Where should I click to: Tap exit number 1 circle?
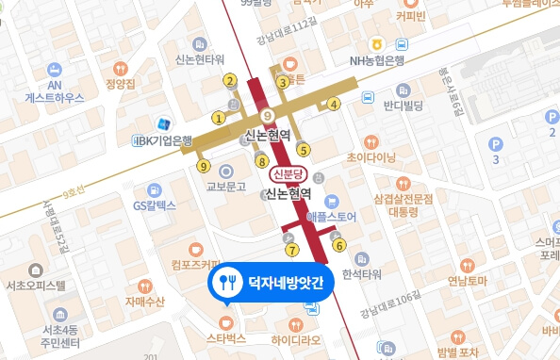coord(219,119)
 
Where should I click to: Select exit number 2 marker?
coord(230,80)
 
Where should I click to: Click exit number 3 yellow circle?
coord(281,82)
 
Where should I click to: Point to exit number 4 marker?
coord(334,104)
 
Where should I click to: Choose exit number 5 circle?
coord(303,148)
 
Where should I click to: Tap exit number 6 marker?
coord(338,246)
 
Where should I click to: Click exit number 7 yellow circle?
coord(292,250)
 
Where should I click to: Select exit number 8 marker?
coord(262,161)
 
